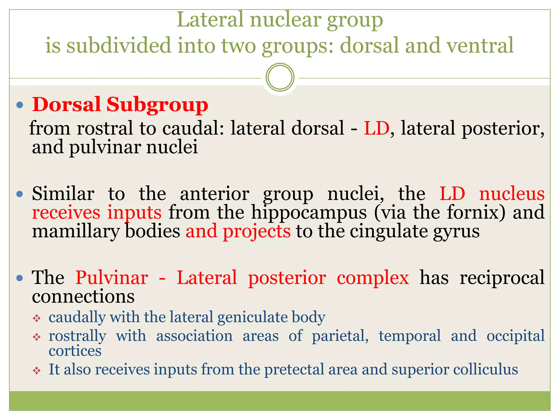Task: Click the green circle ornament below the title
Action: click(x=280, y=77)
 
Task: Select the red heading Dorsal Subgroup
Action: click(x=120, y=105)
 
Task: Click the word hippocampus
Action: click(x=309, y=212)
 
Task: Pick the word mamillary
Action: click(x=76, y=231)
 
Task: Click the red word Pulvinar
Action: click(x=112, y=278)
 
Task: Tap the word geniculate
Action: click(x=252, y=317)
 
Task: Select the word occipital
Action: click(x=515, y=336)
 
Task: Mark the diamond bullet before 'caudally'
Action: click(x=37, y=318)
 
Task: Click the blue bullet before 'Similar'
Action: click(x=20, y=194)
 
